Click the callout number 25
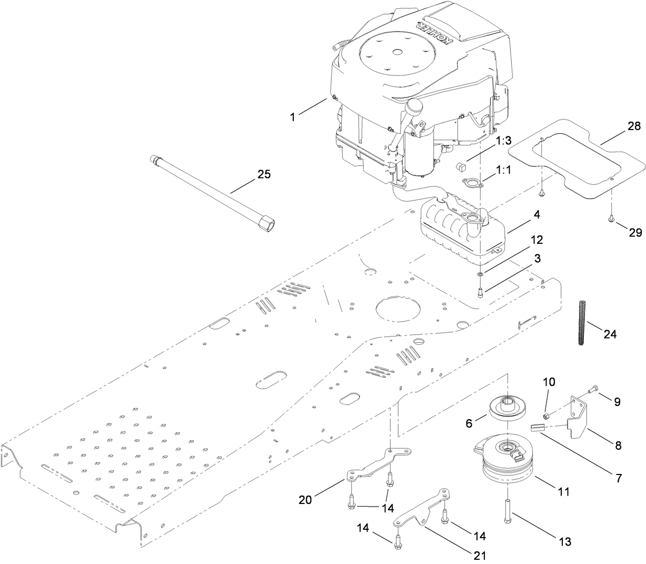point(264,174)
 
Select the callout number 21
point(480,555)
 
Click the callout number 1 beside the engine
point(293,117)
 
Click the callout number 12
point(506,240)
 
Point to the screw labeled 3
point(481,292)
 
